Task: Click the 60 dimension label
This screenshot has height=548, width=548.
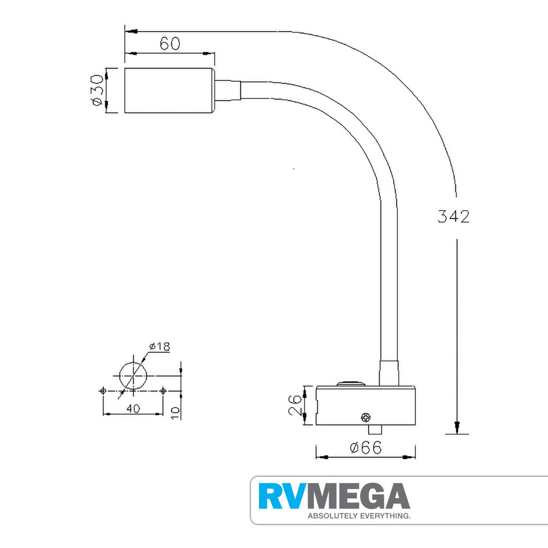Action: [x=170, y=43]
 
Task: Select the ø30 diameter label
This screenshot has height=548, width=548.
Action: [x=96, y=90]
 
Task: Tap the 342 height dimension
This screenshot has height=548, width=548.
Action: [x=453, y=217]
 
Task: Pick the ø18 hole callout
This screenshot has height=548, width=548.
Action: [x=159, y=347]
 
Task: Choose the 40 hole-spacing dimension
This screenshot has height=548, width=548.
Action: [x=133, y=408]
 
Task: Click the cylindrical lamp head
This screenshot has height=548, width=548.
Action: [x=170, y=90]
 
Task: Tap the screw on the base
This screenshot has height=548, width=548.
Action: [x=366, y=417]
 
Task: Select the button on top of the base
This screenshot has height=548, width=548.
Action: [x=349, y=383]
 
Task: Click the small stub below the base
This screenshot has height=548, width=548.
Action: [x=375, y=430]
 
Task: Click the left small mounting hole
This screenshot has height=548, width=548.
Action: [x=103, y=391]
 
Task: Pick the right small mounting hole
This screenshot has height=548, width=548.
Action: [x=163, y=391]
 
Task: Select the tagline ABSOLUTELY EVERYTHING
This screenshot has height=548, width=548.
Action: [x=358, y=516]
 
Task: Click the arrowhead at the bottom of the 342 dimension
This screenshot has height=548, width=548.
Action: [x=456, y=428]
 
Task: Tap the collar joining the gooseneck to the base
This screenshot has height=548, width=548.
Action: [x=389, y=373]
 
